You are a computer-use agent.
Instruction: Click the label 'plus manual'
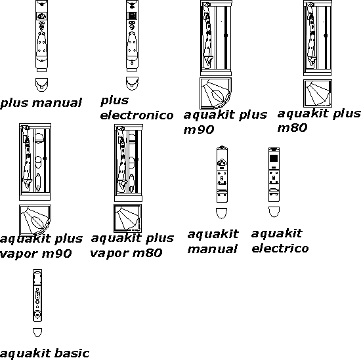click(41, 103)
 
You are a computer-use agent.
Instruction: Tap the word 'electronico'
click(137, 115)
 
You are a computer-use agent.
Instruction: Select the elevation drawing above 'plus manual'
click(41, 36)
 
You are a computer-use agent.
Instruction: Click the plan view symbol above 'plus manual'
click(41, 85)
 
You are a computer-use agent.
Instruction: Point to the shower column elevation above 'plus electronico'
click(132, 35)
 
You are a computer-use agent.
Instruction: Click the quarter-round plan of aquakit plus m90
click(215, 93)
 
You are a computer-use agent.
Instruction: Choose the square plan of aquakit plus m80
click(318, 93)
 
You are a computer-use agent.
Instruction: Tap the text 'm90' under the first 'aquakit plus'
click(199, 130)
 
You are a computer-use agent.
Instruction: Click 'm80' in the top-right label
click(292, 128)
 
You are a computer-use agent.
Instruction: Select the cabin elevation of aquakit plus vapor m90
click(35, 162)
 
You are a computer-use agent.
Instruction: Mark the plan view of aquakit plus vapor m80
click(128, 218)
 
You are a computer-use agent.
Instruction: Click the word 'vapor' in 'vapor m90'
click(19, 254)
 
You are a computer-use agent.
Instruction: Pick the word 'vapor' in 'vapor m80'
click(109, 254)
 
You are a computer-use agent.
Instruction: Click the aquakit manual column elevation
click(222, 174)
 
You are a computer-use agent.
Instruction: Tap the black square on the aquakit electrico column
click(274, 159)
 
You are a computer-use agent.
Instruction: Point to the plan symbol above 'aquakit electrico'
click(274, 212)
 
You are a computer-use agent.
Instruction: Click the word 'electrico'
click(280, 249)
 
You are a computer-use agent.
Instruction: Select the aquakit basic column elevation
click(37, 295)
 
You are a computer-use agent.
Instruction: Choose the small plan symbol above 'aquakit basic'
click(37, 332)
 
